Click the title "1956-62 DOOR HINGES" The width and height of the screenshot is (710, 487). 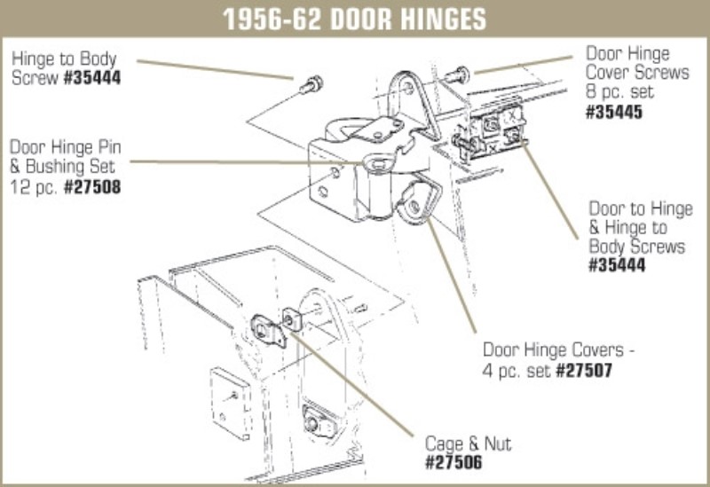click(354, 18)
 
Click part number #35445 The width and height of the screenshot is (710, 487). click(615, 113)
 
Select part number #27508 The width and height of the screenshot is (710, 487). click(93, 187)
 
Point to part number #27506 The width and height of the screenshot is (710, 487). click(454, 461)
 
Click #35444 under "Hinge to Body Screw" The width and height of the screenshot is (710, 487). click(90, 78)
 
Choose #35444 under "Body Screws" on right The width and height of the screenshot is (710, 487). click(619, 265)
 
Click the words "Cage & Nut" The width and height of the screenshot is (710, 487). click(468, 444)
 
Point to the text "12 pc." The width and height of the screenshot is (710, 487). click(34, 187)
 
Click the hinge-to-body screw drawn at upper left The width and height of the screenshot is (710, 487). click(311, 86)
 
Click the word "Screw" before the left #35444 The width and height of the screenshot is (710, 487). click(32, 78)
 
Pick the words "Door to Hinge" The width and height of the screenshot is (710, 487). click(640, 209)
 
